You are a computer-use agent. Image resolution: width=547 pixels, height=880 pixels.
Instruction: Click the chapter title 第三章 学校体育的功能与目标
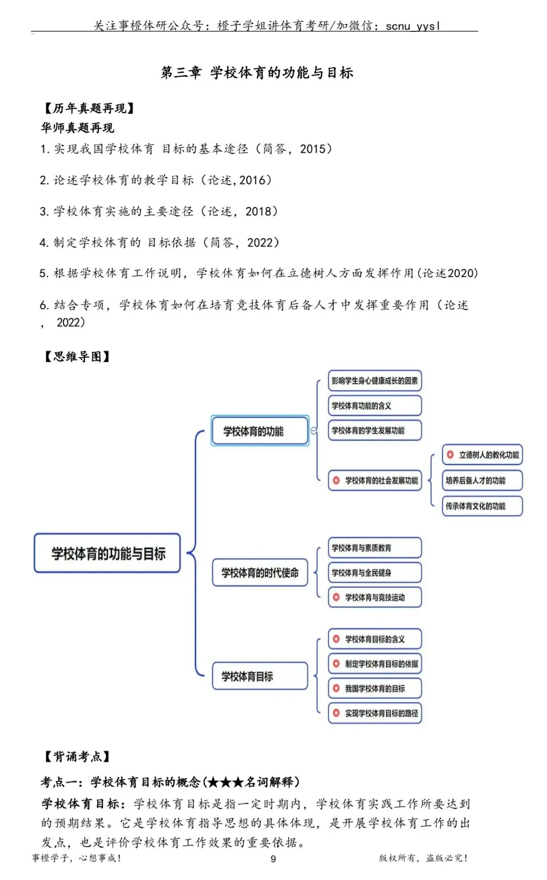click(x=257, y=73)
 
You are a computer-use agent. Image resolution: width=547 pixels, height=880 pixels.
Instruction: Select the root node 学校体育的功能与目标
click(x=107, y=553)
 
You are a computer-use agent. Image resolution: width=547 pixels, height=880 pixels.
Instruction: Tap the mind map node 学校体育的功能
click(x=259, y=431)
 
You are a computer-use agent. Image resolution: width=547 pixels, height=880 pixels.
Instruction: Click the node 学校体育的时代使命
click(x=260, y=573)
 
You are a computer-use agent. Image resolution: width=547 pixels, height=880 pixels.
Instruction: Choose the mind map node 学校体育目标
click(x=260, y=676)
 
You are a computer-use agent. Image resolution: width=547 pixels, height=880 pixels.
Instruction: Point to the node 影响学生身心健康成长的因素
click(x=375, y=381)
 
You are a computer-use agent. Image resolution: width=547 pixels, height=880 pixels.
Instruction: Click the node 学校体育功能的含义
click(x=375, y=406)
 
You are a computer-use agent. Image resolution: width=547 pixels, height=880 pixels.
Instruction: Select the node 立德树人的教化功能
click(x=482, y=455)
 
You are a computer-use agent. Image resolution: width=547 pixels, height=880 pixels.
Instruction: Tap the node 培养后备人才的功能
click(x=482, y=481)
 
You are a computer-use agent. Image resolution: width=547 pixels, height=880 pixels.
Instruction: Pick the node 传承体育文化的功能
click(x=482, y=506)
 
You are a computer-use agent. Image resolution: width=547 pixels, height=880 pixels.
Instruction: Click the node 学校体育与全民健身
click(x=375, y=573)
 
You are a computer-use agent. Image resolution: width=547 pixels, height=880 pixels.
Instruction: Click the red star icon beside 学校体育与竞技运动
click(x=336, y=597)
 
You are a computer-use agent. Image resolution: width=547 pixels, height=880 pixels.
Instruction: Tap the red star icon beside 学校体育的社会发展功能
click(x=336, y=480)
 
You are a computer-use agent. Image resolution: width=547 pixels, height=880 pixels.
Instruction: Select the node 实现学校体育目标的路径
click(x=375, y=713)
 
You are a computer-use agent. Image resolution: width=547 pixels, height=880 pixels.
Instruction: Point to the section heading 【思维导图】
click(x=77, y=356)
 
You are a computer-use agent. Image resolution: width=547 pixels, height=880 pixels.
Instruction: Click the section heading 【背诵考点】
click(x=77, y=756)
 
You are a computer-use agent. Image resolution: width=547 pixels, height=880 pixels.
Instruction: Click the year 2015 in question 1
click(x=312, y=149)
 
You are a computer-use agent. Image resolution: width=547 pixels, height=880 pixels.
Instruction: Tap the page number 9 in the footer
click(x=273, y=858)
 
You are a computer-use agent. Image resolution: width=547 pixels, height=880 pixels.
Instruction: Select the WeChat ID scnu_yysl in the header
click(x=413, y=25)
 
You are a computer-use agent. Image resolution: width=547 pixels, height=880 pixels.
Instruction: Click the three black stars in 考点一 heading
click(x=226, y=782)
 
